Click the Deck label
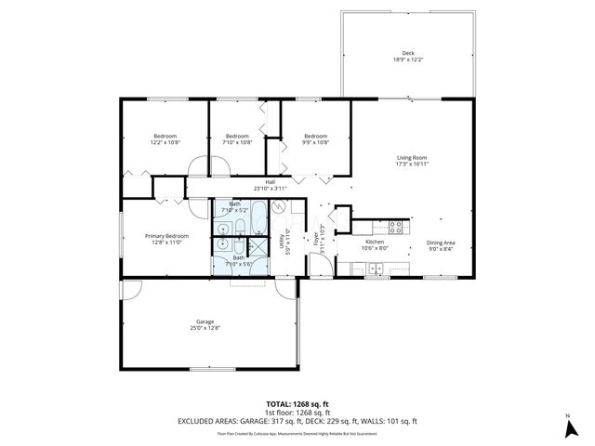pyautogui.click(x=408, y=56)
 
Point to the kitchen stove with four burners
pyautogui.click(x=394, y=226)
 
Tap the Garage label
pyautogui.click(x=205, y=324)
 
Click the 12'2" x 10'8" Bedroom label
pyautogui.click(x=165, y=139)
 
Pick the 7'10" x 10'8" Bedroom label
pyautogui.click(x=238, y=139)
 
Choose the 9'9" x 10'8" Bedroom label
pyautogui.click(x=316, y=139)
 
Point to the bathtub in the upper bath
pyautogui.click(x=255, y=227)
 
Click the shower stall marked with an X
pyautogui.click(x=224, y=244)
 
